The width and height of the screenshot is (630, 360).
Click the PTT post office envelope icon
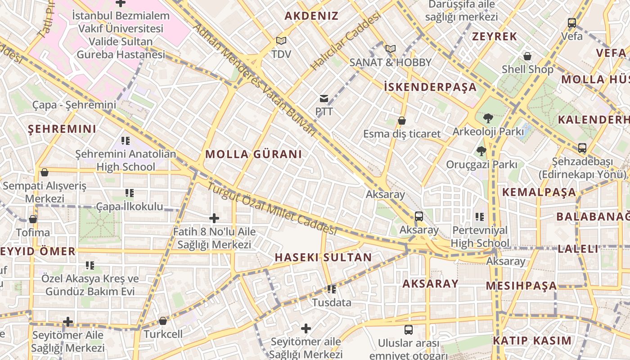tap(324, 99)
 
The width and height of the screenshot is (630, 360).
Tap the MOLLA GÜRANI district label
tap(253, 154)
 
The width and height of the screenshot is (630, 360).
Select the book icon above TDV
tap(281, 41)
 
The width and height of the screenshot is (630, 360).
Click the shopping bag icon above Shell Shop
tap(527, 56)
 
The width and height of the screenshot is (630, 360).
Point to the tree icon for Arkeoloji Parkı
tap(488, 118)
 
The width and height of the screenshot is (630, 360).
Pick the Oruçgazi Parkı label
tap(481, 165)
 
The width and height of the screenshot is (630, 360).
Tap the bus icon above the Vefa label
tap(571, 22)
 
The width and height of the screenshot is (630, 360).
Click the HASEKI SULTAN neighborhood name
tap(323, 257)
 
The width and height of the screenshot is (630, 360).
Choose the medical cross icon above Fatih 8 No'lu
tap(214, 218)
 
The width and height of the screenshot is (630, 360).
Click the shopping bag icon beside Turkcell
tap(163, 321)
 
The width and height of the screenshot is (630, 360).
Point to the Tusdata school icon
tap(332, 289)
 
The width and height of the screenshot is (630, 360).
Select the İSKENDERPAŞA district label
tap(430, 87)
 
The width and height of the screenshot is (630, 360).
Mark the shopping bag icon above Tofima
tap(33, 219)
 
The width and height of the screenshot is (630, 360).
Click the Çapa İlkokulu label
tap(130, 207)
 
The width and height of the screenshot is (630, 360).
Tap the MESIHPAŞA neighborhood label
tap(521, 286)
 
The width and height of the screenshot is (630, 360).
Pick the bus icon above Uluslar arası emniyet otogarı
tap(408, 329)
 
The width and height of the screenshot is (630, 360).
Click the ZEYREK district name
tap(495, 37)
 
